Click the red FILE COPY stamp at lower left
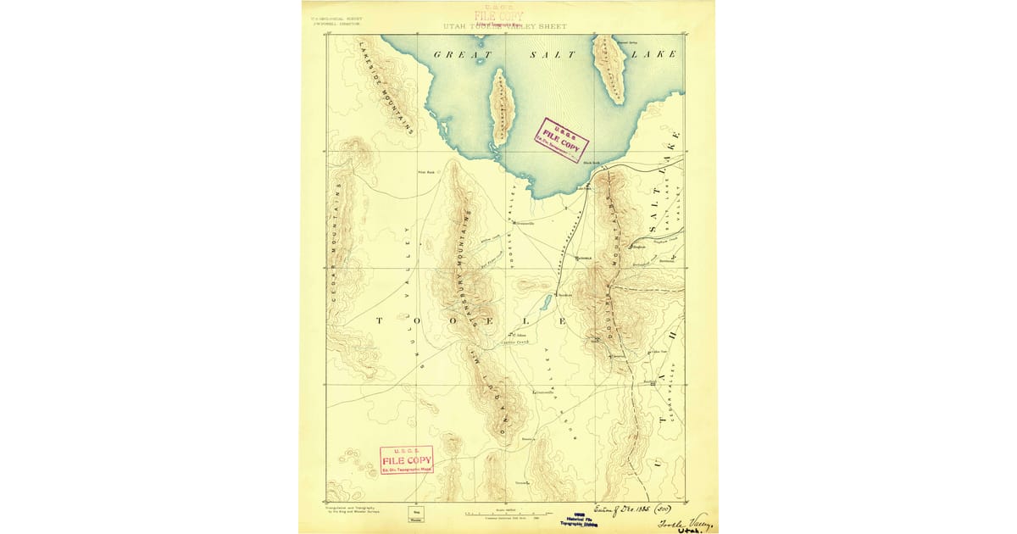click(x=407, y=459)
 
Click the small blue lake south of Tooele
click(x=546, y=303)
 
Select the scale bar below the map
click(x=508, y=513)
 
